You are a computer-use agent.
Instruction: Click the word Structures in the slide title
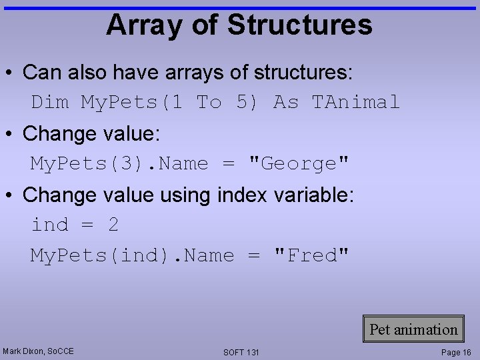pyautogui.click(x=299, y=25)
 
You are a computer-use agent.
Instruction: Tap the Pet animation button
pyautogui.click(x=413, y=329)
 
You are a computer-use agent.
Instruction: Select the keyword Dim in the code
pyautogui.click(x=50, y=102)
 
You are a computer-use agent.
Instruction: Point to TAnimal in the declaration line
pyautogui.click(x=356, y=102)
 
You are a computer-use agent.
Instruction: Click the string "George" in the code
pyautogui.click(x=298, y=163)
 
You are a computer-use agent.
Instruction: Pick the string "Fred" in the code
pyautogui.click(x=311, y=255)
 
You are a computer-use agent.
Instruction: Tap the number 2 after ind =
pyautogui.click(x=113, y=225)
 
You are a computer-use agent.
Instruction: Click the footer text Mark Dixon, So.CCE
pyautogui.click(x=38, y=351)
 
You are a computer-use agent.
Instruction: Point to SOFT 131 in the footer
pyautogui.click(x=241, y=352)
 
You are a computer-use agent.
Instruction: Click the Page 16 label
pyautogui.click(x=456, y=352)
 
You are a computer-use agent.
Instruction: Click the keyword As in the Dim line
pyautogui.click(x=286, y=102)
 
